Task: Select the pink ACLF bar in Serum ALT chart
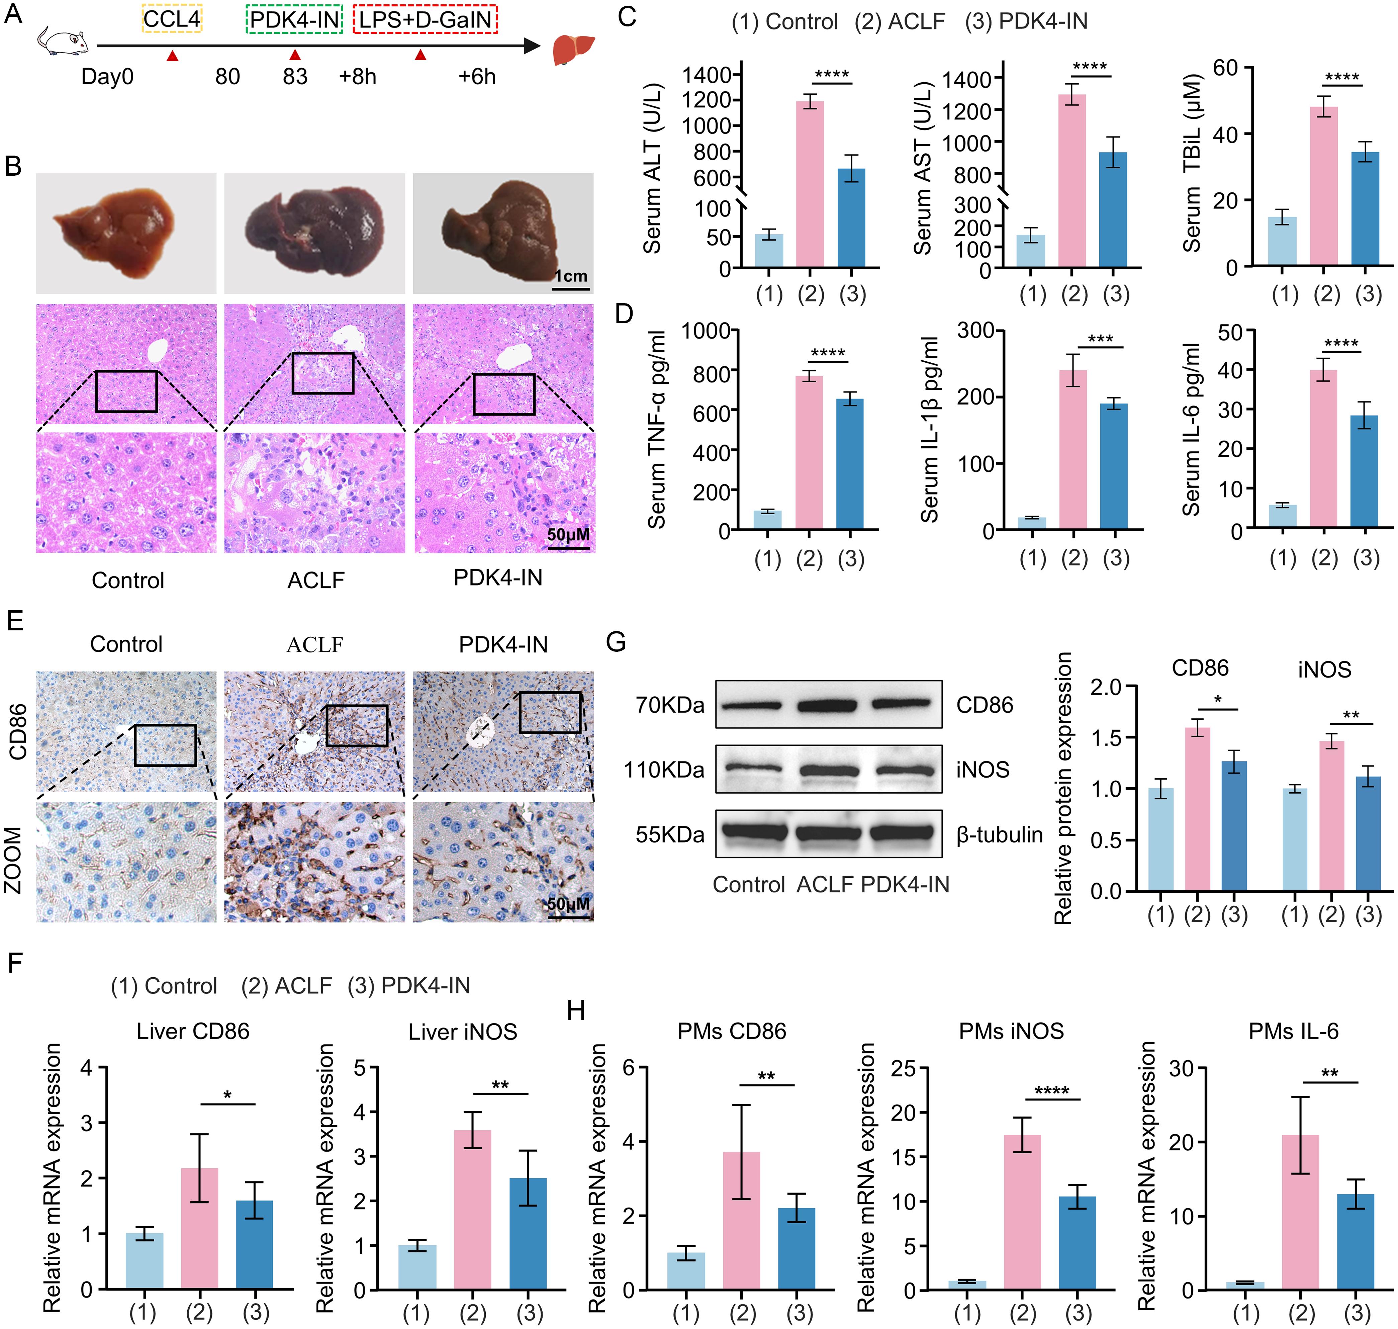pos(810,184)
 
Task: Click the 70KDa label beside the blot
pos(669,705)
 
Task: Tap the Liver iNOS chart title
pos(462,1032)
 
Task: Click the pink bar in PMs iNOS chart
pos(1022,1212)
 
